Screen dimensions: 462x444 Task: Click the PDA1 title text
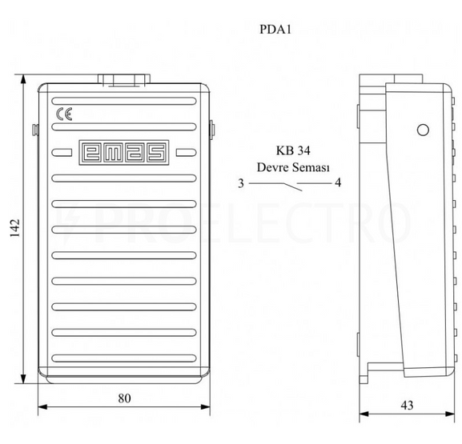[275, 30]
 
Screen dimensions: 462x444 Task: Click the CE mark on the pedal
[64, 114]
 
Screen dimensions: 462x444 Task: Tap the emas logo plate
[124, 152]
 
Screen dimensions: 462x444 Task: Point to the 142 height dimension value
[14, 228]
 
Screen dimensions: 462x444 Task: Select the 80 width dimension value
[124, 398]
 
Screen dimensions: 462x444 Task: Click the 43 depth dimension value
[407, 406]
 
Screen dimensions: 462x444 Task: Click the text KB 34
[293, 150]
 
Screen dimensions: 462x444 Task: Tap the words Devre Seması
[293, 167]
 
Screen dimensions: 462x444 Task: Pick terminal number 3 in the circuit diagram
[241, 183]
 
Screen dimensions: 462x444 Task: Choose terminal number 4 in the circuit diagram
[338, 182]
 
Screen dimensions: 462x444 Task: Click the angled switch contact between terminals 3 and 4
[293, 187]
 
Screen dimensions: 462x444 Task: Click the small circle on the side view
[423, 130]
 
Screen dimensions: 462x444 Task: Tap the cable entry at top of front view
[124, 80]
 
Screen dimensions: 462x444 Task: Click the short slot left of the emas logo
[62, 152]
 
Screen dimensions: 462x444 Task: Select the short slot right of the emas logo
[187, 152]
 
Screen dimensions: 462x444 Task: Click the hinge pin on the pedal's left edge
[35, 130]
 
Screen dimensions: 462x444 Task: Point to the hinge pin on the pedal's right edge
[212, 130]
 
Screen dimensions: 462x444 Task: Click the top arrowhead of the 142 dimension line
[23, 79]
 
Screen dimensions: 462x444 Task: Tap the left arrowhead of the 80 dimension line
[42, 407]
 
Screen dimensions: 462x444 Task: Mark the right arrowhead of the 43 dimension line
[450, 414]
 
